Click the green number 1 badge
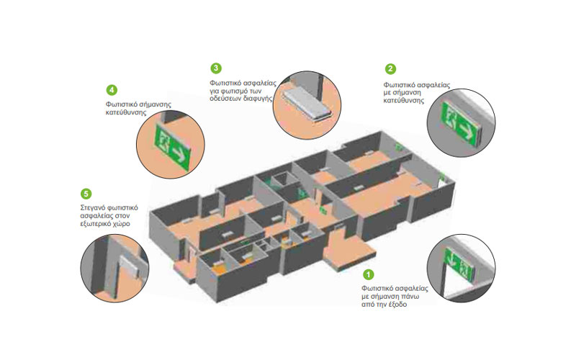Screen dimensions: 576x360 (x=368, y=274)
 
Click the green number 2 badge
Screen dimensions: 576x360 (x=390, y=68)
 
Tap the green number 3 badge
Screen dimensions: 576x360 (x=216, y=68)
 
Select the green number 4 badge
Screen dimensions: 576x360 (x=112, y=90)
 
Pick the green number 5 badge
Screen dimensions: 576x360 (x=86, y=194)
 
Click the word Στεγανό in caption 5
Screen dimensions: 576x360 (x=93, y=208)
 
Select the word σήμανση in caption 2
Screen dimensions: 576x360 (x=406, y=93)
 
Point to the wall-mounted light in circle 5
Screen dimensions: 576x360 (x=130, y=267)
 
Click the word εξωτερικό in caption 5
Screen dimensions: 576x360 (x=95, y=224)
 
